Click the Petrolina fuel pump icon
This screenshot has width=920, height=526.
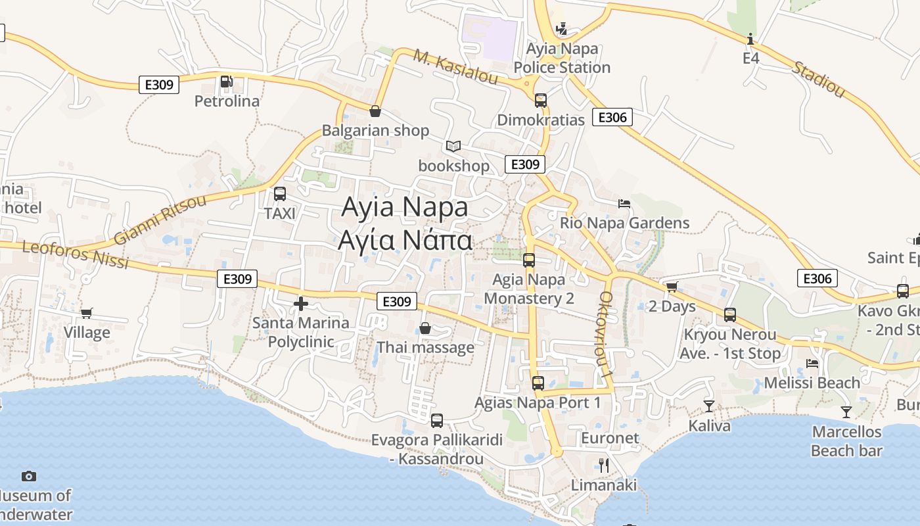pos(226,82)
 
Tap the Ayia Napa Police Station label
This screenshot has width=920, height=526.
pos(562,58)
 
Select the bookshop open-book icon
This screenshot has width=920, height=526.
pos(453,146)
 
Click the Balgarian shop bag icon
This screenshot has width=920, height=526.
pos(375,111)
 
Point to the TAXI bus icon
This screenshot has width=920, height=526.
pos(280,194)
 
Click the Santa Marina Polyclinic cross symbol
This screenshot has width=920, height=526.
pos(301,304)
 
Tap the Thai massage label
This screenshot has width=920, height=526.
pos(425,347)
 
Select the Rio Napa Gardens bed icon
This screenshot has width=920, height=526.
pos(624,204)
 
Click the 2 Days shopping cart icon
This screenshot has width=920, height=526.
pos(672,287)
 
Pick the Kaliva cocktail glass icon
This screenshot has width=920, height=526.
pos(709,406)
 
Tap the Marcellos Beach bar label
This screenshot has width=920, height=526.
pos(846,441)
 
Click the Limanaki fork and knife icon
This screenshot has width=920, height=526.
pos(604,466)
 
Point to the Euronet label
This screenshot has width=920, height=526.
pos(610,438)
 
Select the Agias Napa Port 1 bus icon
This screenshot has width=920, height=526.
pos(538,383)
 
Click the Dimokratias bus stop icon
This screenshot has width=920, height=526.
pos(541,101)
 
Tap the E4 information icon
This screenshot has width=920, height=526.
pos(750,39)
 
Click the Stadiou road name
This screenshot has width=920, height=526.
pos(818,79)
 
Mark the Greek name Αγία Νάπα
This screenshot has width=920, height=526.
pos(405,241)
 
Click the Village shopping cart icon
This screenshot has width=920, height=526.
pos(87,313)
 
